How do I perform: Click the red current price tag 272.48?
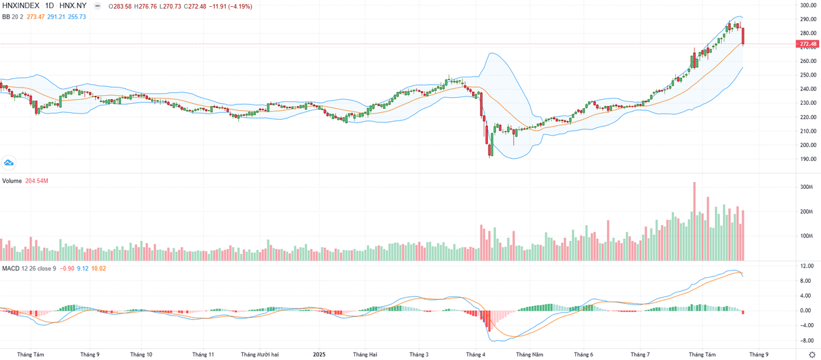click(807, 44)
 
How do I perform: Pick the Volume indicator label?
click(12, 181)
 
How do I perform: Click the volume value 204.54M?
click(38, 181)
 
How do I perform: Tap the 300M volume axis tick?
click(805, 187)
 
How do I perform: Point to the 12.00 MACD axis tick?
click(806, 266)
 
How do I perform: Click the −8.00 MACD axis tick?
click(806, 340)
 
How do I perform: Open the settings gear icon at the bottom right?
click(811, 355)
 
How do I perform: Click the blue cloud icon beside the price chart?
click(9, 162)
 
